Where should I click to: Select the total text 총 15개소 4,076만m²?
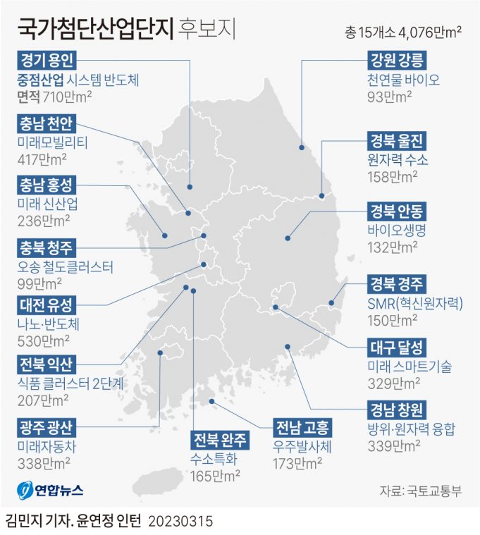[x=404, y=32]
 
